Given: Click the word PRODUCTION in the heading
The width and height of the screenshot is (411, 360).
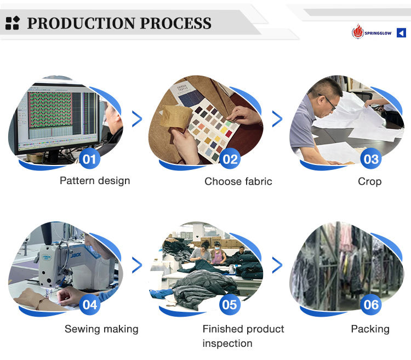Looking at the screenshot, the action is (82, 23).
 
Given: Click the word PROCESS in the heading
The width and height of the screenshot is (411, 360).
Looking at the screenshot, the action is (175, 23).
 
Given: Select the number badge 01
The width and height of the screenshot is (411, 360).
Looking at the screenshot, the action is (89, 158).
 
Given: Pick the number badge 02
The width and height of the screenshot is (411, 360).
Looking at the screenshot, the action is (230, 158).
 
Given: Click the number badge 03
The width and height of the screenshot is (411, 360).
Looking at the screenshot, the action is (370, 158).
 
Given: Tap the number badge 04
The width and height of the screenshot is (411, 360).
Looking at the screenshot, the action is (89, 305).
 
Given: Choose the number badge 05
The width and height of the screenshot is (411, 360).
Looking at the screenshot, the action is (230, 305).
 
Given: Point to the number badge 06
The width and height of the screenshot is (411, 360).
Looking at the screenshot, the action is (370, 305).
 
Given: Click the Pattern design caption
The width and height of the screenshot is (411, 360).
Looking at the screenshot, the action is (95, 181).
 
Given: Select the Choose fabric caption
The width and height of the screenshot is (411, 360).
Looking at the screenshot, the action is (238, 181).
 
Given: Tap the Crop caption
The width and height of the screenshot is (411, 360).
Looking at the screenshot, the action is (369, 181).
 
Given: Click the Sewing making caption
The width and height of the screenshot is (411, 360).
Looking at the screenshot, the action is (101, 329).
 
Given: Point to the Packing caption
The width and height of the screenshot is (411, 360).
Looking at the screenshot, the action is (370, 329).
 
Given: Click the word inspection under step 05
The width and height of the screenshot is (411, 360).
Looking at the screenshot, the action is (227, 344).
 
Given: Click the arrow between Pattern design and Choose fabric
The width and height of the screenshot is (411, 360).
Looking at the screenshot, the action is (137, 119).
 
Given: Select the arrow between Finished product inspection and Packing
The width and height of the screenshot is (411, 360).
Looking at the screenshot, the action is (277, 265).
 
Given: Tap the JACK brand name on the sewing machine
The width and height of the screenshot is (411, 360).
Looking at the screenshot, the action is (76, 255).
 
